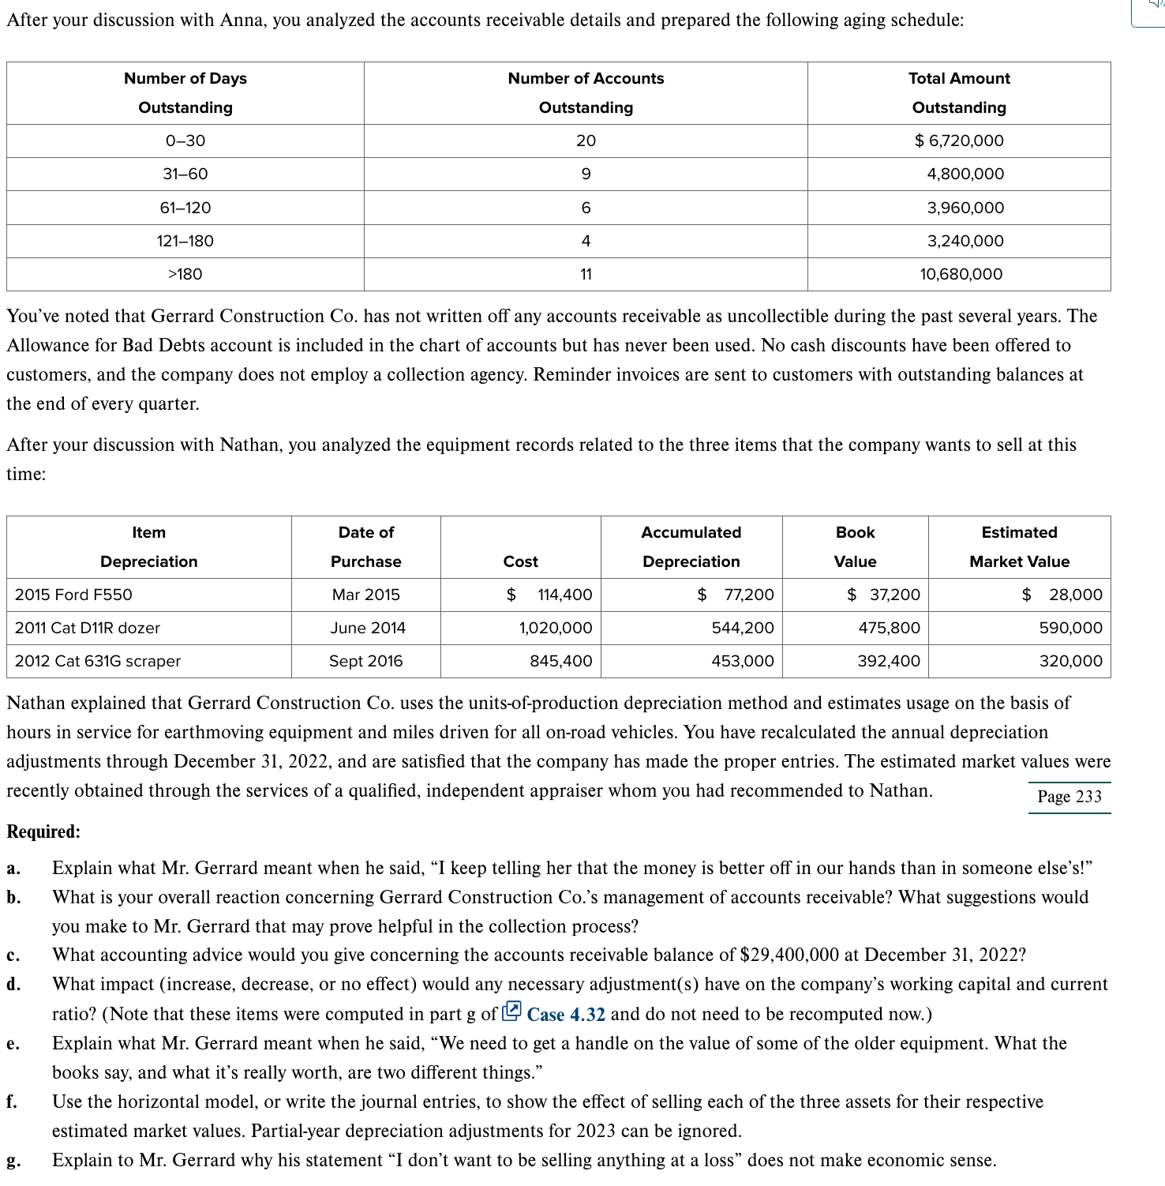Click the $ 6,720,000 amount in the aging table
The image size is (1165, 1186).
coord(959,141)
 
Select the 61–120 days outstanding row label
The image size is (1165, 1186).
coord(185,208)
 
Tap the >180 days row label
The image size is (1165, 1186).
coord(185,274)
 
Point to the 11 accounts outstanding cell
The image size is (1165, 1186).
coord(586,274)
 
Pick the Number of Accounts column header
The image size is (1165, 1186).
coord(586,92)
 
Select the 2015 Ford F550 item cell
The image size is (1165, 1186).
coord(73,595)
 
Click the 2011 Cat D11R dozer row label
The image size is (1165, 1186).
coord(88,628)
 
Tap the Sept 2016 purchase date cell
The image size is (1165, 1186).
coord(365,661)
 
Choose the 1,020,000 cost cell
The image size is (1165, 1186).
coord(555,628)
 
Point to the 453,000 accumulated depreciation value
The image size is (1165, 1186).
coord(742,661)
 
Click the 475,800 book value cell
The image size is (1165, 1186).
coord(889,628)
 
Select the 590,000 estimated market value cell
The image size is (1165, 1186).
coord(1070,628)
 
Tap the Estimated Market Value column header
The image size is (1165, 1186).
coord(1019,546)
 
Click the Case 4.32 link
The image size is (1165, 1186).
coord(566,1014)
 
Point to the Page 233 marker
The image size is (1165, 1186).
coord(1069,796)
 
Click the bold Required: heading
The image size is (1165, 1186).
coord(43,831)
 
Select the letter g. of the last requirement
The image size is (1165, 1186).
coord(13,1160)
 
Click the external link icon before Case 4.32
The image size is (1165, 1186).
coord(511,1011)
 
